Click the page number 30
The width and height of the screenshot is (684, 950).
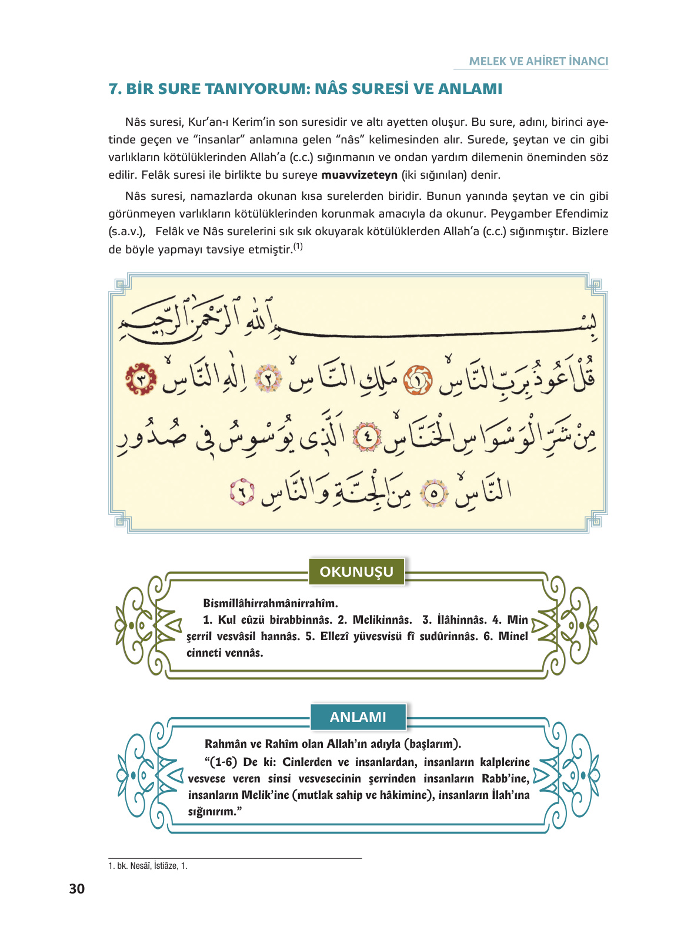click(76, 889)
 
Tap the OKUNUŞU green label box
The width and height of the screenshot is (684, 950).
click(356, 571)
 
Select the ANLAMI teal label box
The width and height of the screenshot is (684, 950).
click(358, 717)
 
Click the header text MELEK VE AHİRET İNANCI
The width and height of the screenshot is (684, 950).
click(538, 61)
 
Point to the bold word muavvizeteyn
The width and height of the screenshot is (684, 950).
click(359, 175)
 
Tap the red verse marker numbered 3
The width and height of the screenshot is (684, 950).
click(142, 379)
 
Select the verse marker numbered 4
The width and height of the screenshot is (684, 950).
click(368, 437)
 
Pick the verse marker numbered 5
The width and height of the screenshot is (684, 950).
click(434, 493)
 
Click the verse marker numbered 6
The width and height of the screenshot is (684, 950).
click(242, 493)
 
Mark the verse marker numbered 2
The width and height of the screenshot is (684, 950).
click(268, 379)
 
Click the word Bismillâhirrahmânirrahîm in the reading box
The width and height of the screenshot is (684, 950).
click(271, 603)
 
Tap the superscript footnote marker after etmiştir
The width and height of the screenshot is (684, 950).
click(298, 247)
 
